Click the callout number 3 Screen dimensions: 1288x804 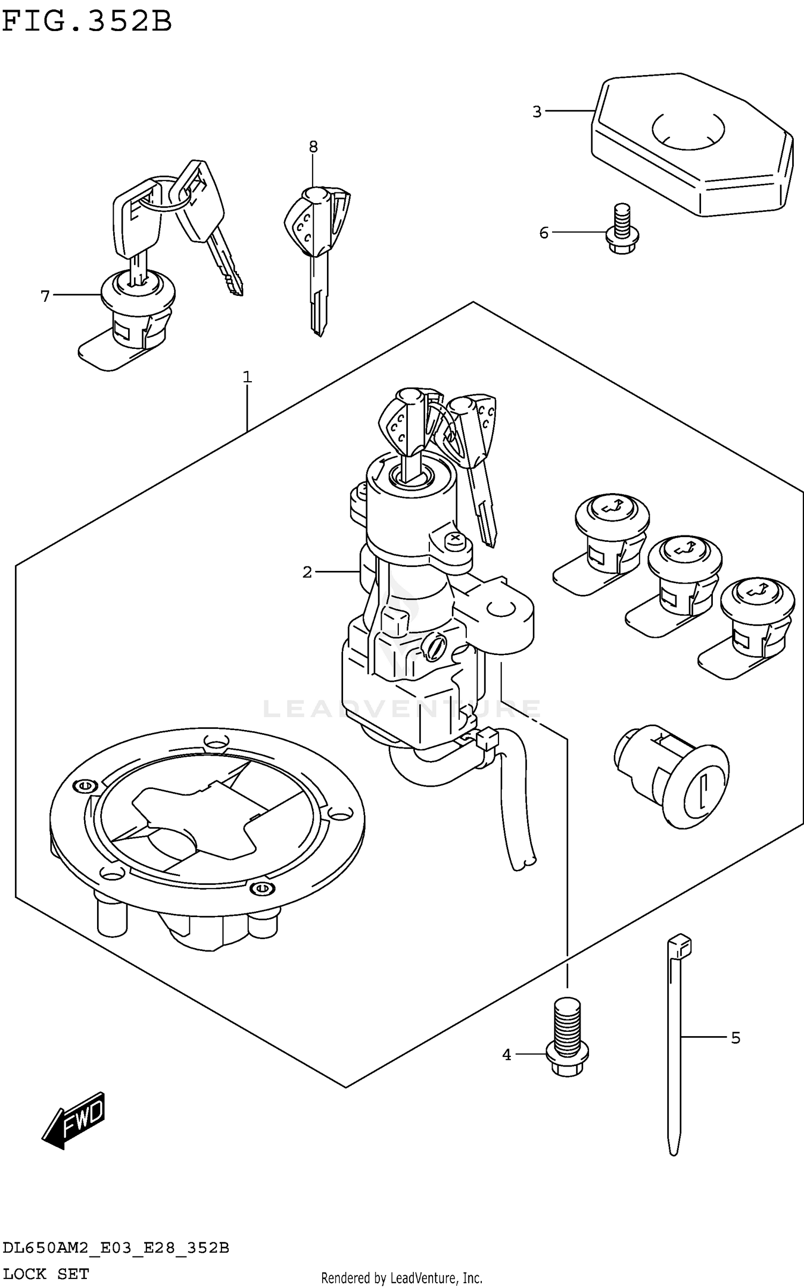[537, 112]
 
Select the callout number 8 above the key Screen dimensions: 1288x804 [313, 146]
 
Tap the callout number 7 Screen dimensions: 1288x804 [45, 296]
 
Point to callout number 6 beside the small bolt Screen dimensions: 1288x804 [544, 233]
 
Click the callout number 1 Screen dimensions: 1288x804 [247, 377]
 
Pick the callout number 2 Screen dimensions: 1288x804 [307, 572]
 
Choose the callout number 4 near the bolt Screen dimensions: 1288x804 [507, 1055]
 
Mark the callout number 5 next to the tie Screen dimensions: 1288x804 [735, 1038]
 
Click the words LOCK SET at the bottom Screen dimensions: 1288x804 [46, 1274]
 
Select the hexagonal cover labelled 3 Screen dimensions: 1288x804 [691, 145]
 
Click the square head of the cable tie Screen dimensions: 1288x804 [679, 945]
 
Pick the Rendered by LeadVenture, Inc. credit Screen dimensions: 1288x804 [401, 1278]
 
